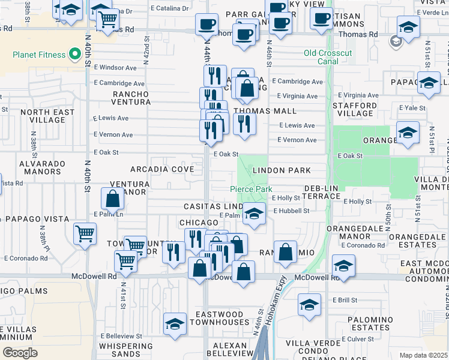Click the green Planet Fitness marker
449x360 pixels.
pos(75,55)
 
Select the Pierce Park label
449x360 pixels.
pos(251,189)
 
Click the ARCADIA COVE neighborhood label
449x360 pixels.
pos(166,170)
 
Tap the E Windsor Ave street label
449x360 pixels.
pos(115,67)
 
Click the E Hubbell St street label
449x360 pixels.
pos(291,211)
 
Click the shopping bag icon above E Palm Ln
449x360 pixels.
pos(113,198)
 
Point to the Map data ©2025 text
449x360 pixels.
pos(423,355)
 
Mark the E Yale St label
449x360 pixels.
pos(414,108)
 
